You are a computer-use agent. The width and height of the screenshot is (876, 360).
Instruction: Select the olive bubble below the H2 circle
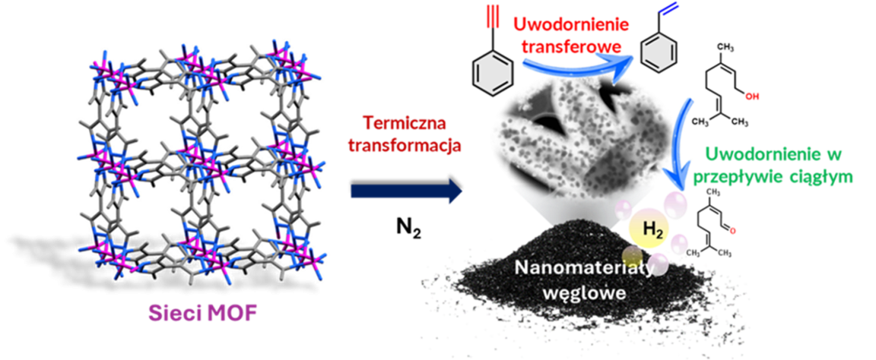[x=632, y=256]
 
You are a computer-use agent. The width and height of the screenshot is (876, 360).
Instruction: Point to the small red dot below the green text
[x=732, y=231]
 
